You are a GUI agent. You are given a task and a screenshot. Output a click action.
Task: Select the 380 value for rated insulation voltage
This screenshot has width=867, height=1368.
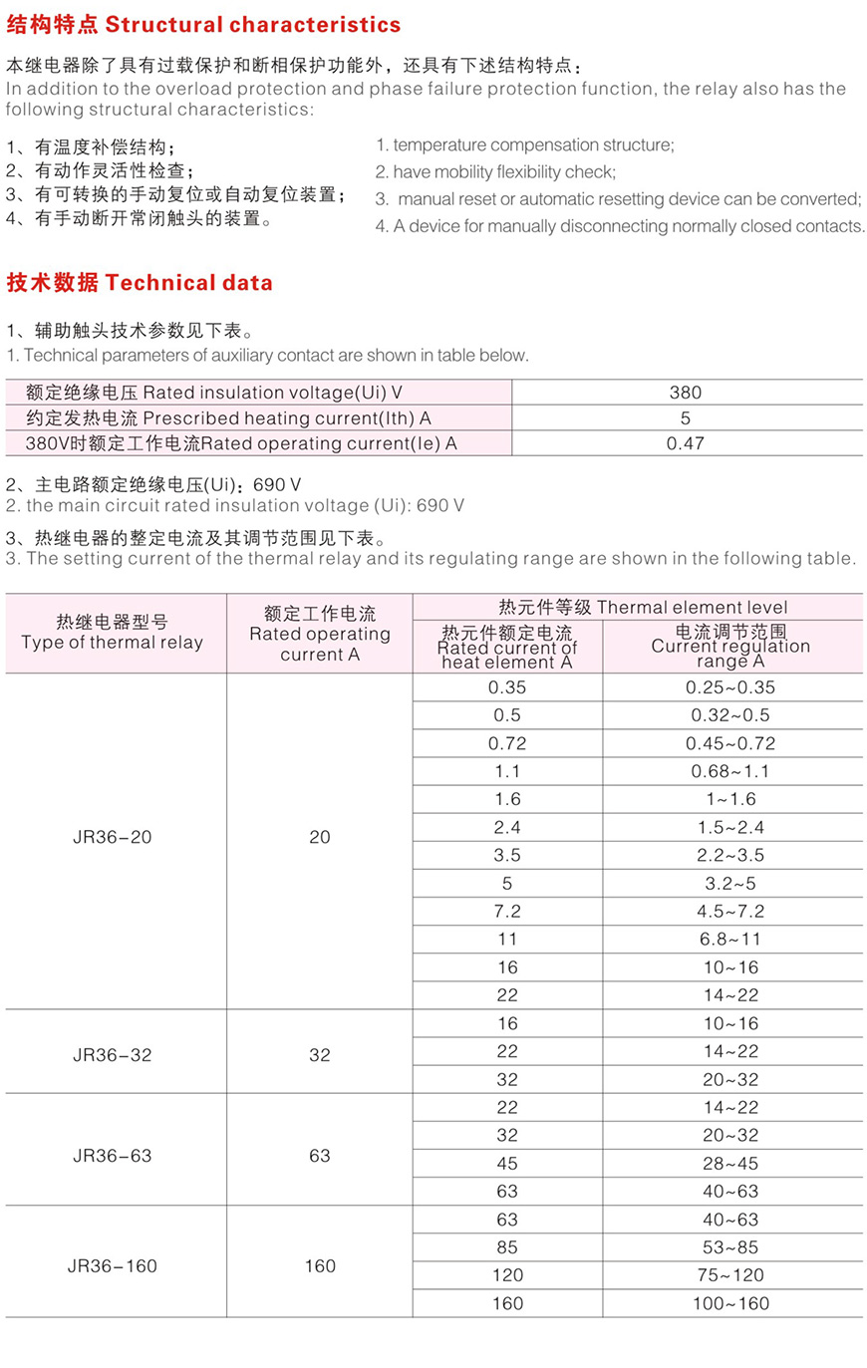[x=686, y=393]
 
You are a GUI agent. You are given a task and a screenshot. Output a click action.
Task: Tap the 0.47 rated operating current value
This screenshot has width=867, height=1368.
[x=686, y=443]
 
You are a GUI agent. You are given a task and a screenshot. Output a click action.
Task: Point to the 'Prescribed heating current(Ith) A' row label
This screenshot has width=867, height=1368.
[x=228, y=418]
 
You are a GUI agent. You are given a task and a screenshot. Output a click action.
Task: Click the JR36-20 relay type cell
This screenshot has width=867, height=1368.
[x=113, y=838]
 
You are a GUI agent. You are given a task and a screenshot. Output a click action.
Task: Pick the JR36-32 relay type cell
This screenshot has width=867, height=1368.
[x=113, y=1055]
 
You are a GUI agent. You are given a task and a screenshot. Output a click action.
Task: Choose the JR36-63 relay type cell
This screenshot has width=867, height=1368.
[x=113, y=1156]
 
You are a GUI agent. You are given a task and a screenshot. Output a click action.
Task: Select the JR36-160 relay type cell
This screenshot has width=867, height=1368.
[x=113, y=1266]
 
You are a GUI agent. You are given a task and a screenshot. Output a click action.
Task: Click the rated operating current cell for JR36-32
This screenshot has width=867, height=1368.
[x=320, y=1055]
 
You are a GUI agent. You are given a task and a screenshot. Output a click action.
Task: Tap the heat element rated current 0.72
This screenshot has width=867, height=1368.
[x=507, y=743]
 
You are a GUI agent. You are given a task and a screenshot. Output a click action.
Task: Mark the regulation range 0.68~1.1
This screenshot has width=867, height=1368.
[x=730, y=771]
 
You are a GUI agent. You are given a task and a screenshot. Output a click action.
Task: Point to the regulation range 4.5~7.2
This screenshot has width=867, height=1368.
[x=730, y=912]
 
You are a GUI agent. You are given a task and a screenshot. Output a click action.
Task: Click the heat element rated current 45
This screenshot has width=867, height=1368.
[x=507, y=1164]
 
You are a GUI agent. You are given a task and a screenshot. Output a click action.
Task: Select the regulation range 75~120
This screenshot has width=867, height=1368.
[x=730, y=1275]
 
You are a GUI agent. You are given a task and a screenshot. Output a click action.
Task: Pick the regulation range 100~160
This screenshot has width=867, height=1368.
[x=730, y=1303]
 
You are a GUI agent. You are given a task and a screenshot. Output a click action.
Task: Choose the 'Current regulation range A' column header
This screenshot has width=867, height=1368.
[x=730, y=646]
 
